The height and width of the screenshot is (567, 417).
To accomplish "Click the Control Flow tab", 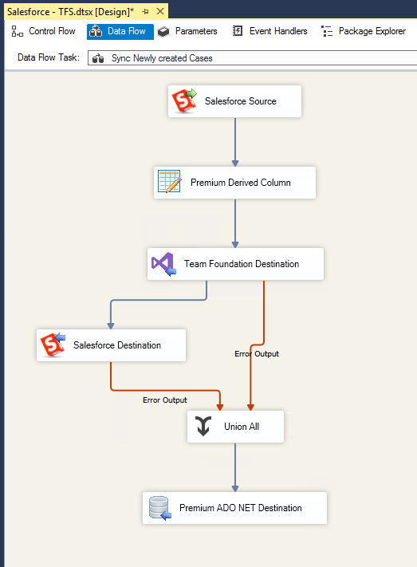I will click(x=44, y=31).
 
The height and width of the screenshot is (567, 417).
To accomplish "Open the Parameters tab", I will click(x=187, y=31).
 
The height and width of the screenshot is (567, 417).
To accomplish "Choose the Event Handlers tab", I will click(x=270, y=31).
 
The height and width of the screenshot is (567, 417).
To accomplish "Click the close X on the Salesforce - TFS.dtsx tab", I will click(x=159, y=11).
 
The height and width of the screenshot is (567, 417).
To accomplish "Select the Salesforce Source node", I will click(x=234, y=101).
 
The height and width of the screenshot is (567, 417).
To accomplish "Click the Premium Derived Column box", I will click(x=235, y=183).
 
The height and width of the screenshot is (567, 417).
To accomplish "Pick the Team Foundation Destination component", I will click(x=236, y=264).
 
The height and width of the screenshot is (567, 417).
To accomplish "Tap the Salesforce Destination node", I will click(x=112, y=345).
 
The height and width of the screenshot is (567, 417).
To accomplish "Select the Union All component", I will click(x=236, y=427).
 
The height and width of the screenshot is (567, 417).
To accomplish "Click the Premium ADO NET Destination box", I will click(x=235, y=508).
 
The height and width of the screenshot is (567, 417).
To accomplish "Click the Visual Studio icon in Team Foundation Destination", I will click(x=163, y=263).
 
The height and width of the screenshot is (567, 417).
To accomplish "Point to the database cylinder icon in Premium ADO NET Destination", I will click(x=159, y=508).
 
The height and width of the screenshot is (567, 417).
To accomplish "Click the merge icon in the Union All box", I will click(x=204, y=427).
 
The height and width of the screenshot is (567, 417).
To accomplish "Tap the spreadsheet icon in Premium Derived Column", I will click(x=169, y=183).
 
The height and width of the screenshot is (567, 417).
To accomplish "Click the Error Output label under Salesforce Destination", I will click(x=165, y=400).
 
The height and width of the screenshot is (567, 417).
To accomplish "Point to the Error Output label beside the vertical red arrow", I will click(x=257, y=353).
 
